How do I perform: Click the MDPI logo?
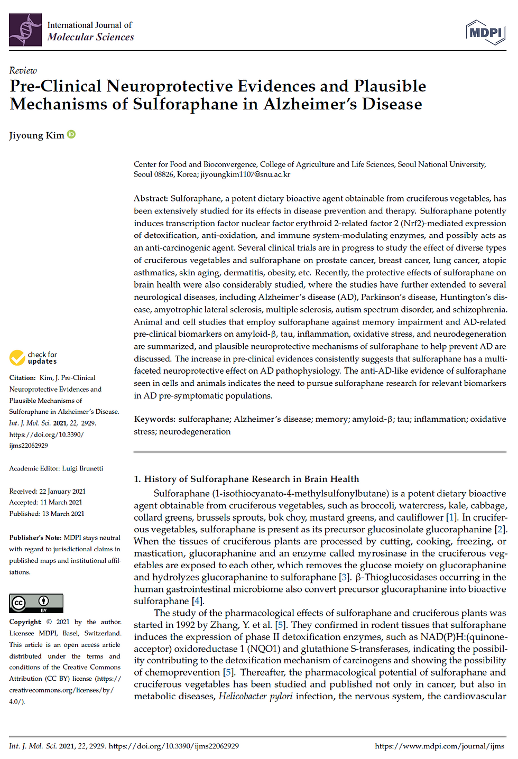(485, 32)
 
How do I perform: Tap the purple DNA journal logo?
(25, 30)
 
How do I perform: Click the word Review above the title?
(23, 71)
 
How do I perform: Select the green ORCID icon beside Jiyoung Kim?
(71, 135)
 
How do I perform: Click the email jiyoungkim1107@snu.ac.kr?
(245, 174)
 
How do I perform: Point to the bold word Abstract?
(151, 199)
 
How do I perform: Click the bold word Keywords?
(154, 419)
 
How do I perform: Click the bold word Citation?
(22, 378)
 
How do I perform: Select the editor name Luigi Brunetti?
(82, 468)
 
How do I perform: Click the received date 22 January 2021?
(62, 492)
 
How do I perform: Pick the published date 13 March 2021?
(63, 514)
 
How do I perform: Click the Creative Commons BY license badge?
(36, 603)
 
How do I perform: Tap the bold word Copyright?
(25, 622)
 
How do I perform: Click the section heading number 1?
(137, 479)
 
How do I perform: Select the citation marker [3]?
(344, 577)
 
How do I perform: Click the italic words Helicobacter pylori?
(256, 697)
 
